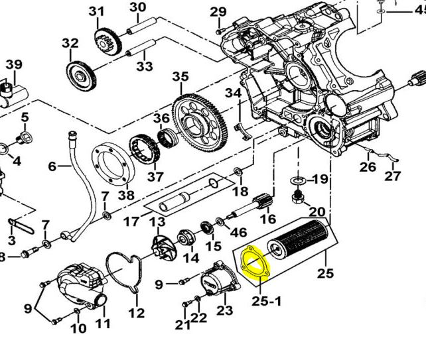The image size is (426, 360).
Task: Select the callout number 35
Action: [180, 77]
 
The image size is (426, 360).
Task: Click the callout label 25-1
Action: [267, 301]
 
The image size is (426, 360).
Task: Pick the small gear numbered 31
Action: [108, 42]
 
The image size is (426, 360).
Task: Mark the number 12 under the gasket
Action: [137, 314]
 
